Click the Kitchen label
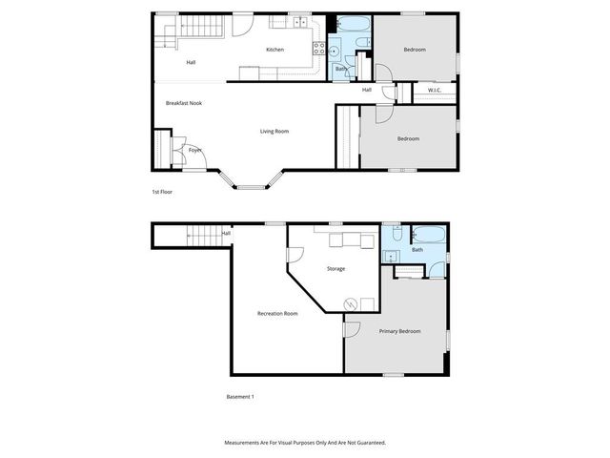[x=274, y=50]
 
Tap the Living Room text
[x=274, y=131]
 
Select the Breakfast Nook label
[x=183, y=103]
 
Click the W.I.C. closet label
[x=434, y=91]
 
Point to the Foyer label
[x=194, y=150]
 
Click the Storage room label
[x=335, y=269]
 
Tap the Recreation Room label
[x=277, y=314]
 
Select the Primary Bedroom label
[x=399, y=331]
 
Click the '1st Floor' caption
[x=162, y=192]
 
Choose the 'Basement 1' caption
[x=240, y=397]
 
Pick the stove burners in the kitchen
[x=319, y=48]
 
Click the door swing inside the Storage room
[x=295, y=256]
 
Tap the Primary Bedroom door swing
[x=351, y=331]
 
